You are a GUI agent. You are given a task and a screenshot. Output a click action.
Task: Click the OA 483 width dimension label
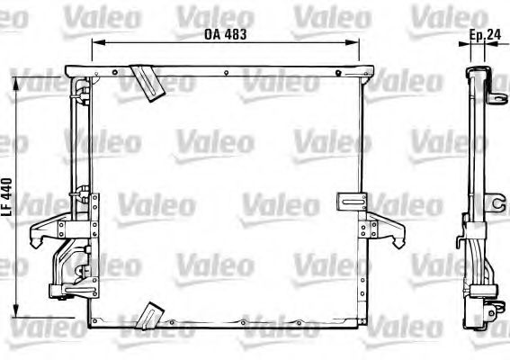pos(219,34)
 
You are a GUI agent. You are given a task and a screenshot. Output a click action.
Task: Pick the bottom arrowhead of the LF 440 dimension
pos(14,314)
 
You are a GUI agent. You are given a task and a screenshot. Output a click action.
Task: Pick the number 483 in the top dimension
pos(231,34)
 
